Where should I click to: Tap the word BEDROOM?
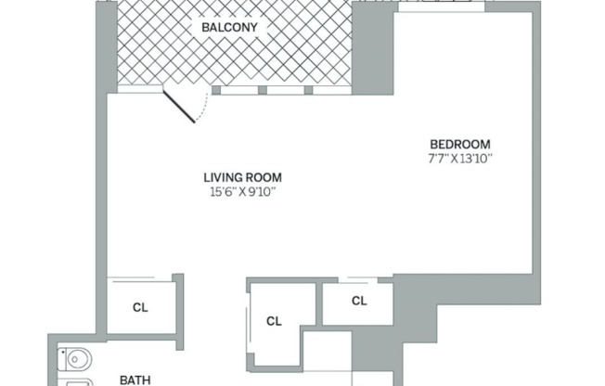[x=459, y=144]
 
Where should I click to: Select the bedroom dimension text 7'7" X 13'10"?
[x=459, y=159]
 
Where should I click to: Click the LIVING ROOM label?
[x=242, y=177]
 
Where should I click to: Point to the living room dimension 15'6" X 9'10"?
[x=242, y=192]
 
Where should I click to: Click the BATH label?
[x=135, y=379]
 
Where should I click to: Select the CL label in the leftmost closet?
[x=140, y=306]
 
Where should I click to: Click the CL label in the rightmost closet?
[x=358, y=301]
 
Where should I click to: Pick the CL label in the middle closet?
[x=274, y=321]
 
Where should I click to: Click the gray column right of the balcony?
[x=371, y=46]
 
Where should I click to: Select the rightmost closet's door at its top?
[x=357, y=280]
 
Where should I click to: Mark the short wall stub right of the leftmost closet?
[x=178, y=302]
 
